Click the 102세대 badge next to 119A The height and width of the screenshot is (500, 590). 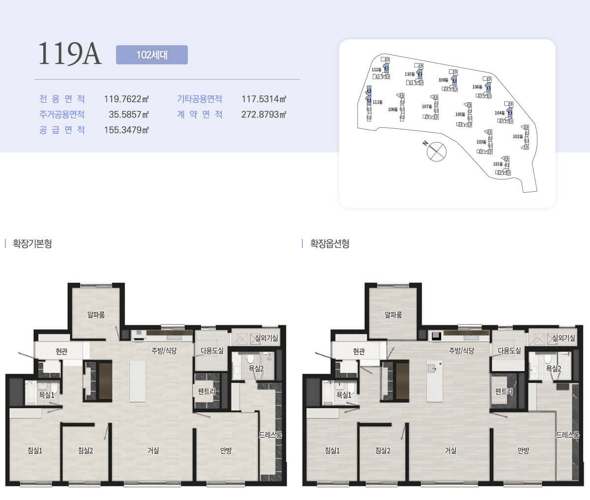(x=152, y=55)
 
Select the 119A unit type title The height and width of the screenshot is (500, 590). (x=70, y=54)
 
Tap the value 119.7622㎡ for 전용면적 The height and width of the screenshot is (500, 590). (x=126, y=99)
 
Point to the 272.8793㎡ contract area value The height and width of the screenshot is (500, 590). (x=264, y=115)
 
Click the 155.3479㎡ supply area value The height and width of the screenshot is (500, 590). (x=126, y=130)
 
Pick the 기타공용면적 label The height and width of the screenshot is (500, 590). (x=200, y=99)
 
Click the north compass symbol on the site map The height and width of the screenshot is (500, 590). (x=435, y=150)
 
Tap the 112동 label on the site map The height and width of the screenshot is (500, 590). (x=376, y=70)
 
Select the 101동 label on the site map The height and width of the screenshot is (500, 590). (x=498, y=164)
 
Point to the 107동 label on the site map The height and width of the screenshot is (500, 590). (x=427, y=107)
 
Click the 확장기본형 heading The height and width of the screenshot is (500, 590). (x=32, y=244)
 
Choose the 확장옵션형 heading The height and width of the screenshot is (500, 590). (x=330, y=244)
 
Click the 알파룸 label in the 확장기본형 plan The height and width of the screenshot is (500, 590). (x=96, y=315)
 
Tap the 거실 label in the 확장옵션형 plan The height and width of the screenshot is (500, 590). (x=451, y=450)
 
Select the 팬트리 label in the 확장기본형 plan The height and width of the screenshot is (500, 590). (x=206, y=391)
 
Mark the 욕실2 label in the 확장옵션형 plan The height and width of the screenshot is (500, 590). (x=554, y=368)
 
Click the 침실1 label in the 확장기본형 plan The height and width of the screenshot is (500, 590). (x=35, y=450)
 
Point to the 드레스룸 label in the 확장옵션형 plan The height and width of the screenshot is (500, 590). (x=568, y=435)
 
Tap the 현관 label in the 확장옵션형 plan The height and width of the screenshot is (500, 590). (x=359, y=352)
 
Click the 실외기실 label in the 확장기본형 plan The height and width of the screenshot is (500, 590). (x=266, y=338)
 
